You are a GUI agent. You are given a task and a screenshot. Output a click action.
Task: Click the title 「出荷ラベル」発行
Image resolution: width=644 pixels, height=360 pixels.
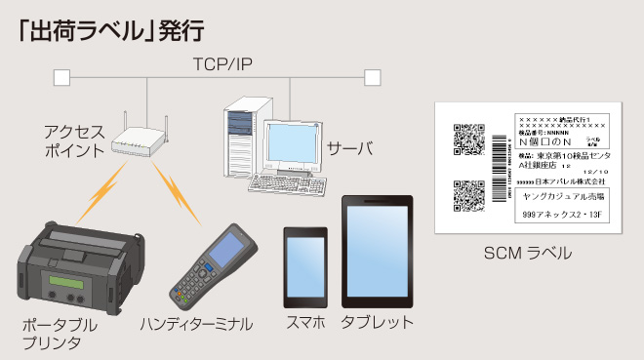(109, 29)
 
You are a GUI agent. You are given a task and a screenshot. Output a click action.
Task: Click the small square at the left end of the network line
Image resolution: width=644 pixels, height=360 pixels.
(61, 76)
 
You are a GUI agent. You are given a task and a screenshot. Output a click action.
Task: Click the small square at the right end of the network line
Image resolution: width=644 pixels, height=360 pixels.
(371, 76)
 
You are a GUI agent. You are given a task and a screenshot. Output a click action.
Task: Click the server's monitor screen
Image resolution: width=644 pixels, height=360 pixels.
(289, 145)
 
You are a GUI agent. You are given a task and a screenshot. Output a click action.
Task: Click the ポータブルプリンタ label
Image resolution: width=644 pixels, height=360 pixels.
(60, 333)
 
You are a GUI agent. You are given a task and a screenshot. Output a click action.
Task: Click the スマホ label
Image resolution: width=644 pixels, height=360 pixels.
(304, 322)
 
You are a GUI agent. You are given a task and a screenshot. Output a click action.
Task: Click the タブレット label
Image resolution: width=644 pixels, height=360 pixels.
(377, 322)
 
